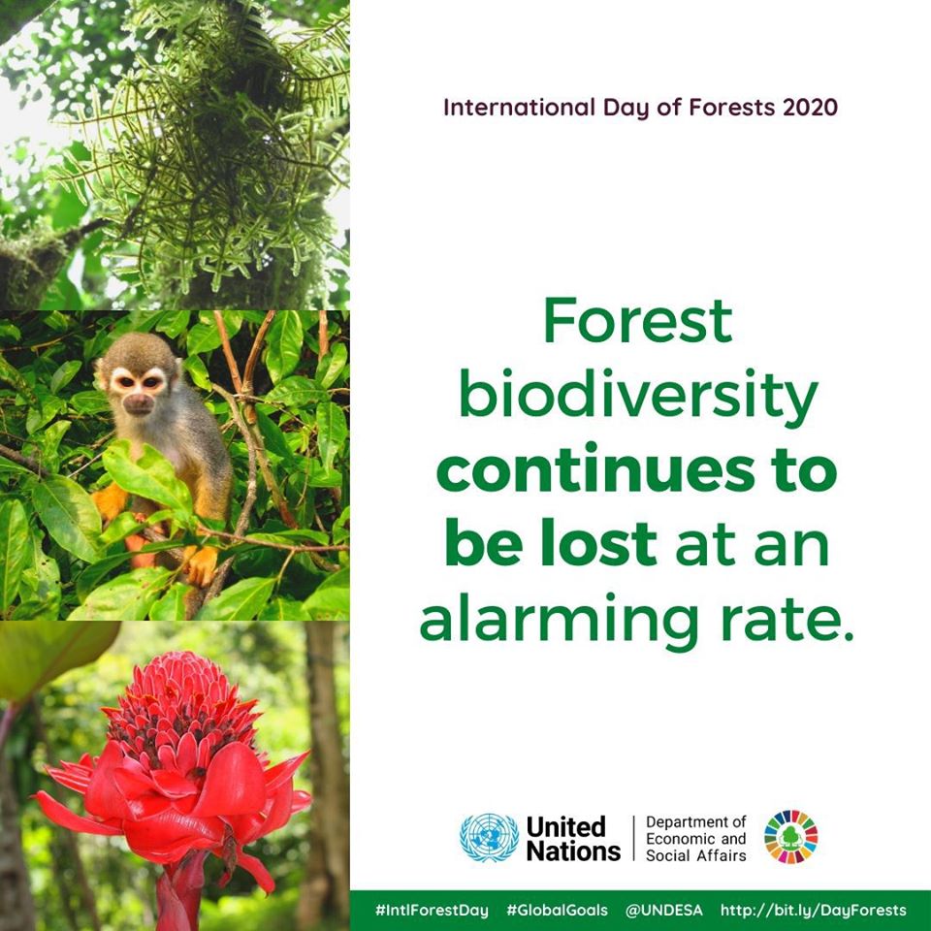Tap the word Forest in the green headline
(638, 321)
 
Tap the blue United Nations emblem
(489, 837)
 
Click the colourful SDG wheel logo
(791, 837)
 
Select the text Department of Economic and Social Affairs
(696, 838)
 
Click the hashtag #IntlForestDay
(432, 911)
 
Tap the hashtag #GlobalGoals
(557, 911)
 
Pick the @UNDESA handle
(663, 911)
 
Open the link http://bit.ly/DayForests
(814, 911)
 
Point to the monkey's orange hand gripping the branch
(200, 564)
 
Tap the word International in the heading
(519, 108)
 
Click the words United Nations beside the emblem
(573, 838)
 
